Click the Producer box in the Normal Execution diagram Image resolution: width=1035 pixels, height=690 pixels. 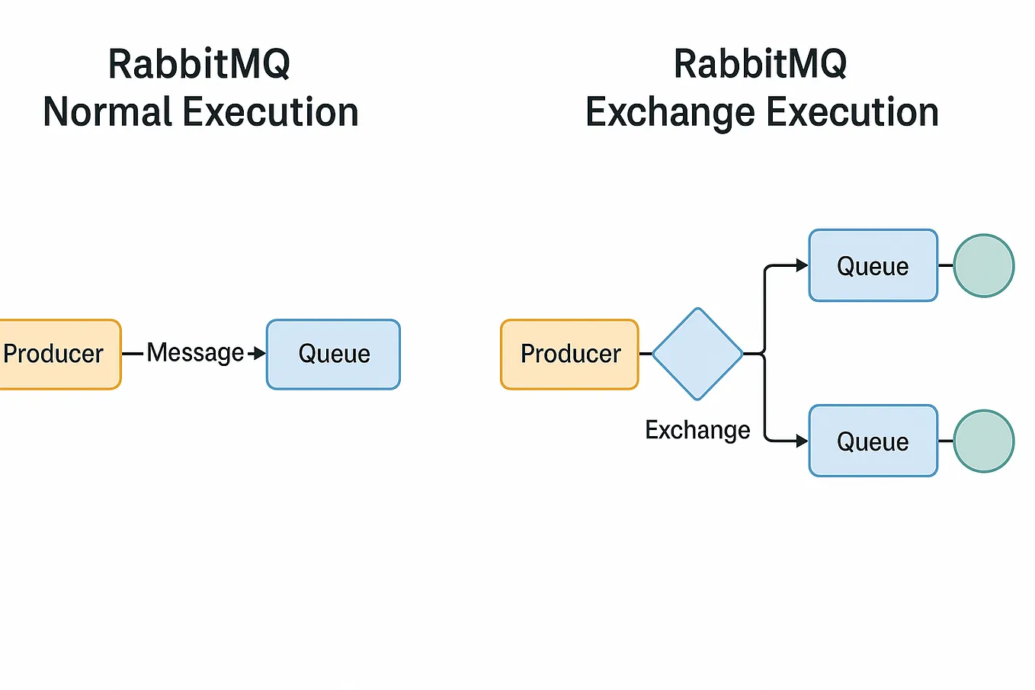tap(57, 355)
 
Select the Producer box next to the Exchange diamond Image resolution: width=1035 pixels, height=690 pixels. tap(569, 355)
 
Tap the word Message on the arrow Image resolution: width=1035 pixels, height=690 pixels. tap(195, 353)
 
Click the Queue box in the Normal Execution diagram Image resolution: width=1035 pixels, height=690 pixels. tap(333, 355)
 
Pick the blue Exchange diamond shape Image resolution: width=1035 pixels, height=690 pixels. tap(697, 354)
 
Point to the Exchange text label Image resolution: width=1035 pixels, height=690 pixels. tap(697, 430)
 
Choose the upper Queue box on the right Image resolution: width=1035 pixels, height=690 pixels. tap(873, 266)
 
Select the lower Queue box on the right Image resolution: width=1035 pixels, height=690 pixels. tap(873, 441)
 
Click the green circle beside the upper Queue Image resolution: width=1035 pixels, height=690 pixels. tap(984, 265)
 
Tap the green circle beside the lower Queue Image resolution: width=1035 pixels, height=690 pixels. tap(984, 441)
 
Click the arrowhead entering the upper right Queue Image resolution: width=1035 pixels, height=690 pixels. tap(802, 265)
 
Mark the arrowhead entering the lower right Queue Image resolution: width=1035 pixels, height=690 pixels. tap(802, 441)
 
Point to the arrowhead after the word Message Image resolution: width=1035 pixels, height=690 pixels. tap(260, 353)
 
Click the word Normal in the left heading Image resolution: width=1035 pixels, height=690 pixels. tap(107, 112)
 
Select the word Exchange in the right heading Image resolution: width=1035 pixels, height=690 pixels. tap(670, 112)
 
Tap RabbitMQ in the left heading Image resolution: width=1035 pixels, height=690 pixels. tap(199, 64)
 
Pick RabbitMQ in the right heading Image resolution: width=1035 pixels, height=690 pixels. tap(760, 64)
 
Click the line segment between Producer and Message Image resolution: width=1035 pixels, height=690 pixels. tap(133, 354)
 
